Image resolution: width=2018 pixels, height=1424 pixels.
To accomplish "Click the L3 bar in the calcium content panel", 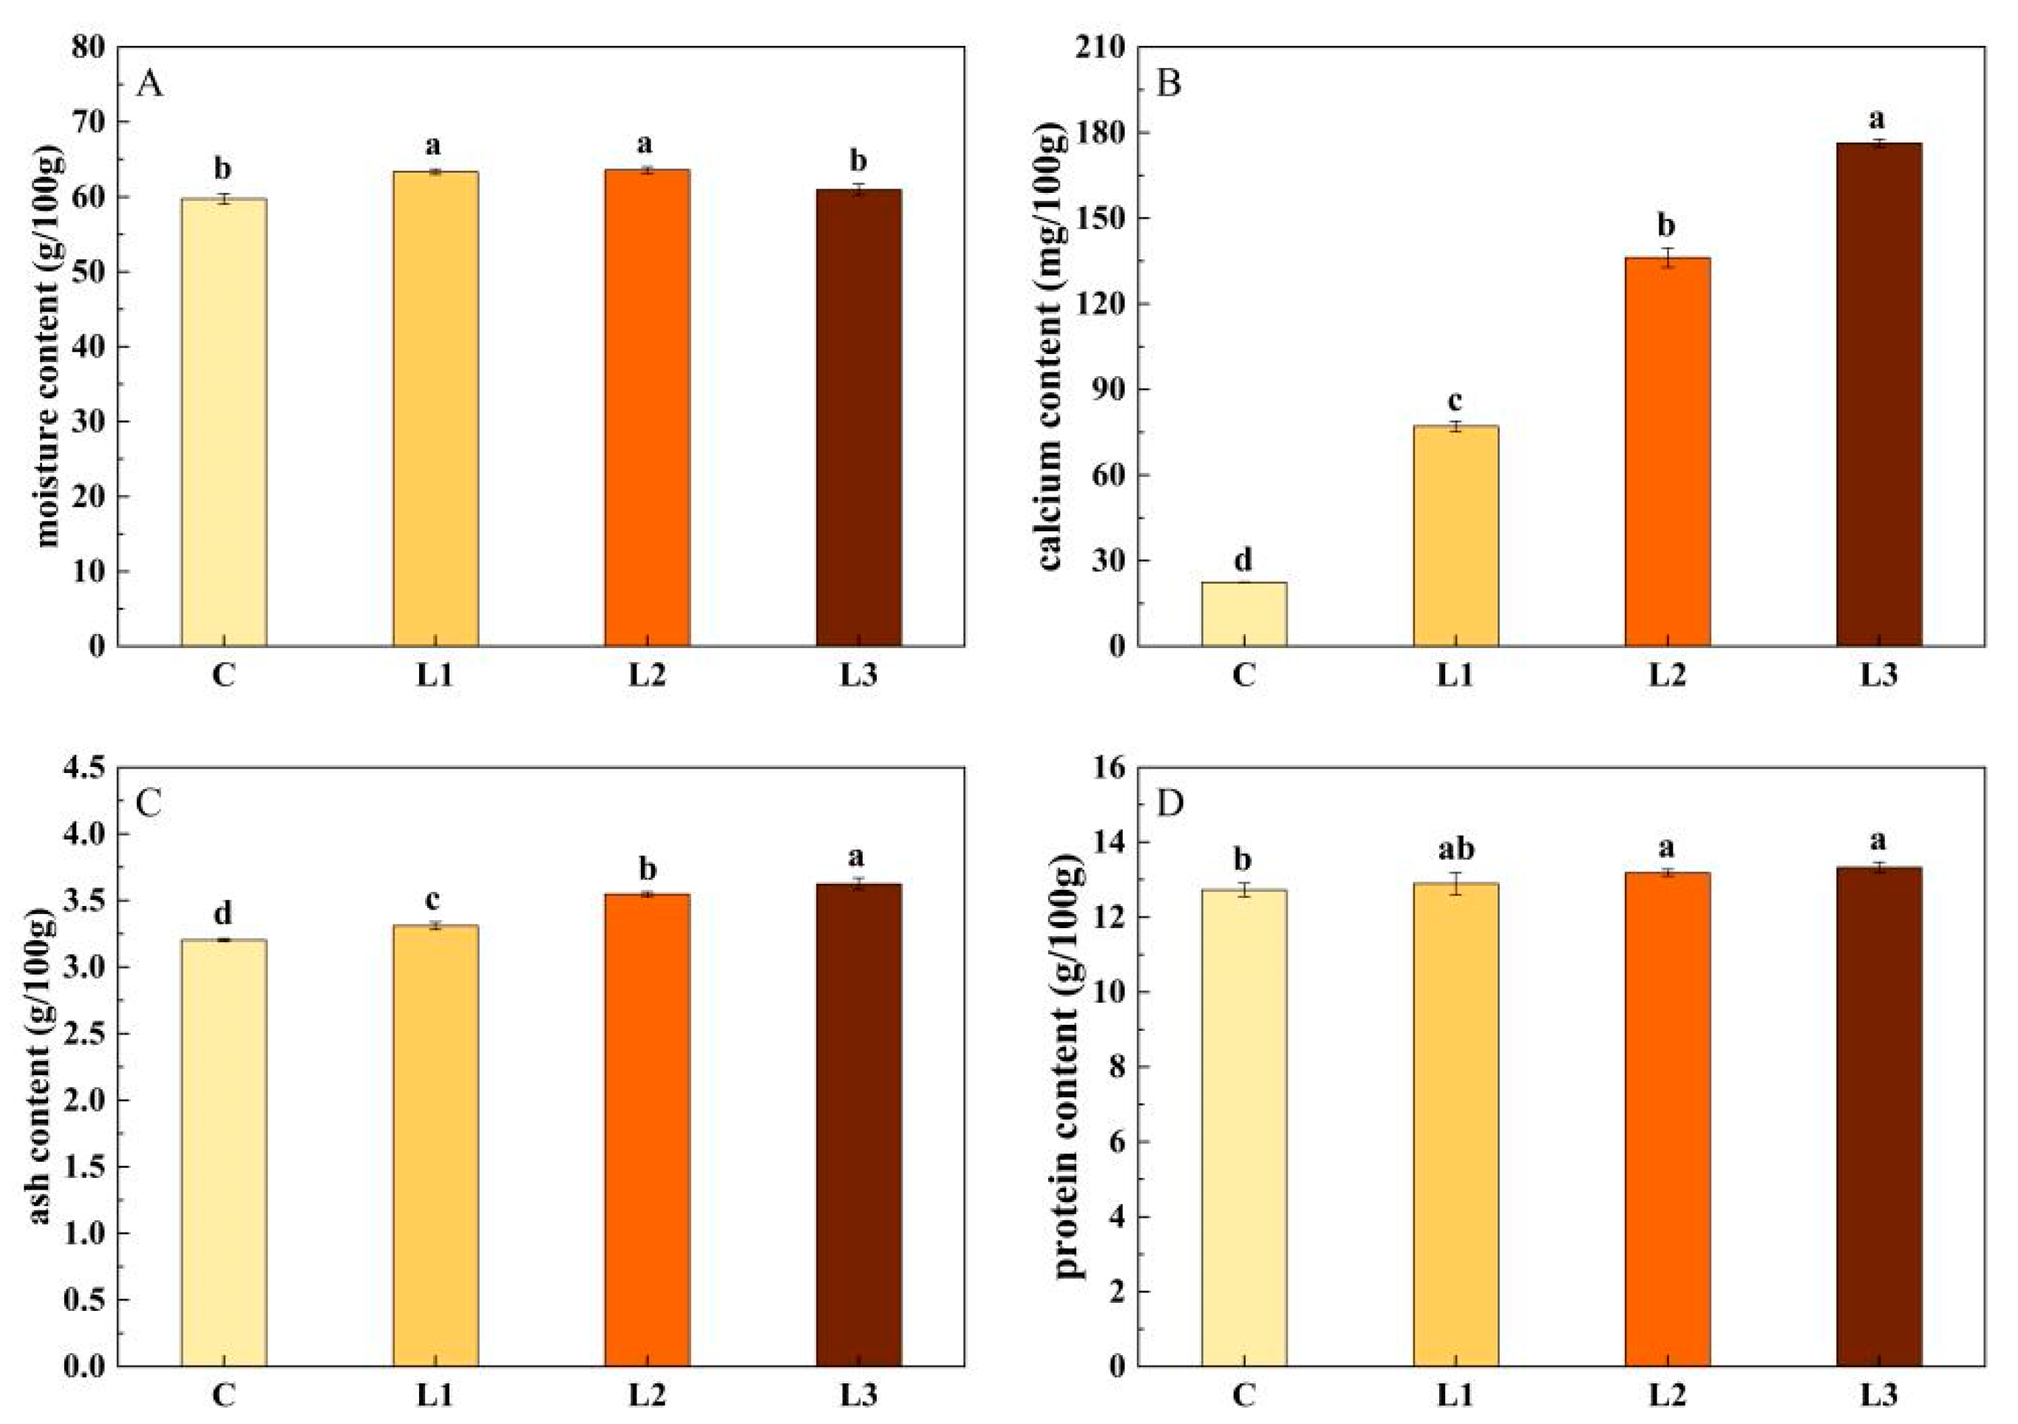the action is (1879, 395).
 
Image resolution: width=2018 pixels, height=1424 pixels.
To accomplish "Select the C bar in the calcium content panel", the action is (1243, 614).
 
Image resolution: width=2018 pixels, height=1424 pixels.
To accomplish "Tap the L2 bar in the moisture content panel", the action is (647, 409).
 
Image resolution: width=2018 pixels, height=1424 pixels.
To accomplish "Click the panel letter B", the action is (1169, 85).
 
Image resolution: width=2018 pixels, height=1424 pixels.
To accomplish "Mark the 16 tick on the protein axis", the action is (1107, 768).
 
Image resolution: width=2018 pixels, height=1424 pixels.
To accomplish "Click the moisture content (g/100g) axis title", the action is (48, 347).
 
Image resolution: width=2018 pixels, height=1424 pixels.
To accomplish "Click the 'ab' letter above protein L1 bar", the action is (1455, 851).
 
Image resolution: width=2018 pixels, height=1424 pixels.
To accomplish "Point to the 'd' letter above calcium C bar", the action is (1243, 559).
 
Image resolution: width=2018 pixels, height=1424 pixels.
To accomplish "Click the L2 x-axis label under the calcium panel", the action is (1668, 675).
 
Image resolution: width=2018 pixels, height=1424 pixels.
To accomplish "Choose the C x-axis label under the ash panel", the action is (223, 1395).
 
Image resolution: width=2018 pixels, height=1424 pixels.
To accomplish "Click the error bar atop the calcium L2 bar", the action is (1668, 257).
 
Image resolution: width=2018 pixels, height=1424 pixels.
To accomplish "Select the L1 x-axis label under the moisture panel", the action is (435, 675).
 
